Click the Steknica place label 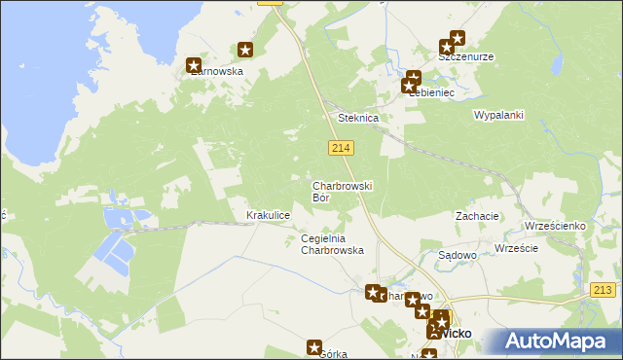click(357, 118)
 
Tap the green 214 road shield click(340, 147)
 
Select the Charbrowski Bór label click(342, 191)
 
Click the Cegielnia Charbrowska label click(333, 244)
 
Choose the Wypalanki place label click(498, 115)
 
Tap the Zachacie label click(477, 216)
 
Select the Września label click(516, 248)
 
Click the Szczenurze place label click(465, 56)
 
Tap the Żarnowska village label click(215, 71)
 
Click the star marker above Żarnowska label click(194, 64)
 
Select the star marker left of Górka click(314, 346)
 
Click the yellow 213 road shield click(604, 289)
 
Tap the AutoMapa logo click(554, 341)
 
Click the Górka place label click(334, 355)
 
